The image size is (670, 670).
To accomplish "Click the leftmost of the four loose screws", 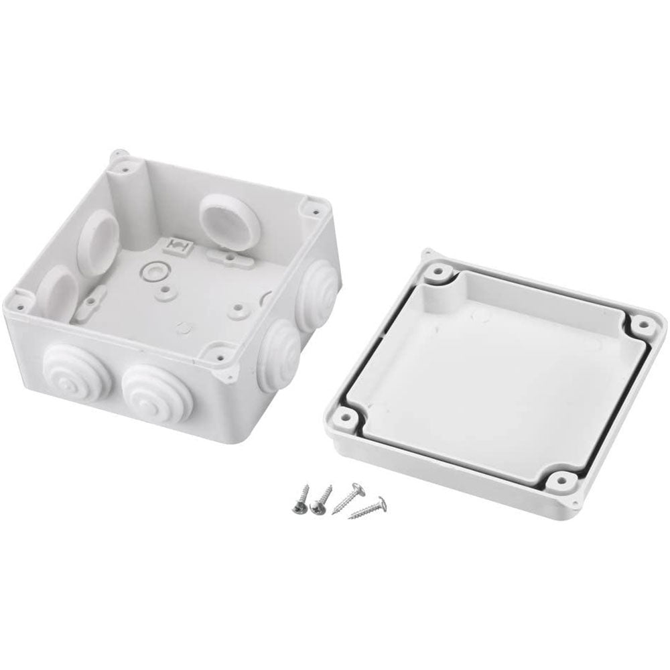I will click(x=299, y=498).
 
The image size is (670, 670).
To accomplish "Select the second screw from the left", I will click(x=319, y=498).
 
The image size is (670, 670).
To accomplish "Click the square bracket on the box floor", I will click(x=180, y=247).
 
